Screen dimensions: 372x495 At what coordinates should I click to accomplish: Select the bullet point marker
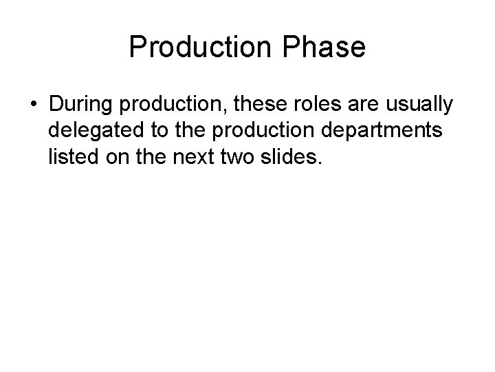[x=34, y=105]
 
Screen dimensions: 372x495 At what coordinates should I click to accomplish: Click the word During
[x=80, y=104]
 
